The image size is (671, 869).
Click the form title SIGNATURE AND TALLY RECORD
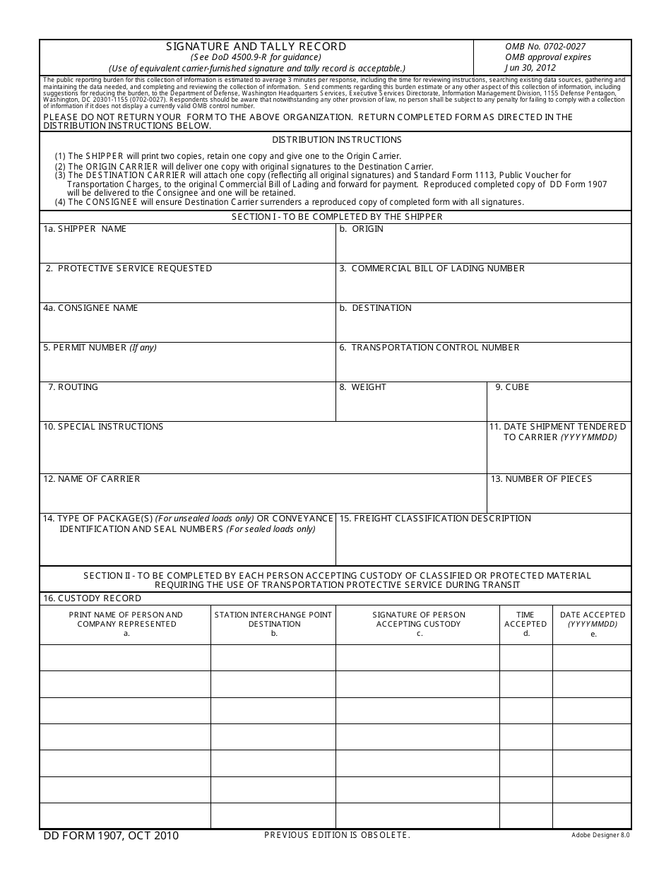coord(256,47)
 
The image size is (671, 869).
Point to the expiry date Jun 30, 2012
coord(530,68)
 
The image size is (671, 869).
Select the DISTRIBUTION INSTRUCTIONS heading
coord(336,140)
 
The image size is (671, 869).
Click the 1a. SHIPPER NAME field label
coord(85,229)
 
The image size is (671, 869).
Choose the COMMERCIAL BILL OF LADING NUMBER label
coord(432,268)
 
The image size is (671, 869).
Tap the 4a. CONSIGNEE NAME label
coord(90,308)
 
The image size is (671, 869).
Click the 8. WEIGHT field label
coord(362,387)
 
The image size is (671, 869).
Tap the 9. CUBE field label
coord(512,387)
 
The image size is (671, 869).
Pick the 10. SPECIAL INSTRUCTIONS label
coord(103,427)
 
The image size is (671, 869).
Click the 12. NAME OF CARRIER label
coord(92,479)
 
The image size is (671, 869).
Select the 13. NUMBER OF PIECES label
coord(541,479)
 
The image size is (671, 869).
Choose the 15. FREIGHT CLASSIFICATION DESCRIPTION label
coord(435,519)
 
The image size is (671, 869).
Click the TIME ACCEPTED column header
coord(525,620)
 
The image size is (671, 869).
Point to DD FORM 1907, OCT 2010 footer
coord(111,836)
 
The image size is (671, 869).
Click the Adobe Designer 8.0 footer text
coord(600,835)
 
